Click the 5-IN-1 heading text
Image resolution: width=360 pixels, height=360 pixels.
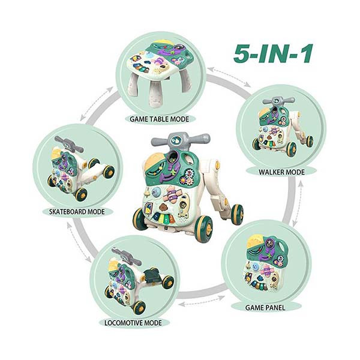tap(273, 54)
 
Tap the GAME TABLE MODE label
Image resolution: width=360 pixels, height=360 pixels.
tap(160, 119)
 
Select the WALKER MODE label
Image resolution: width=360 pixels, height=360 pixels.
tap(282, 172)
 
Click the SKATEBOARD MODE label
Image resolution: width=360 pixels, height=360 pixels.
tap(77, 211)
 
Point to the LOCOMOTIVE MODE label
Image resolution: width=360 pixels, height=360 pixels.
tap(133, 323)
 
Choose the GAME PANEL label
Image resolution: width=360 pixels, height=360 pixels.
tap(265, 308)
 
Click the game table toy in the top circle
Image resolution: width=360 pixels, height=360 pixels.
tap(160, 73)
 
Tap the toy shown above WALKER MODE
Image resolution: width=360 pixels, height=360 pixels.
tap(283, 125)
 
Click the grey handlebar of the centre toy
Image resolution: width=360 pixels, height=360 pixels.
tap(181, 139)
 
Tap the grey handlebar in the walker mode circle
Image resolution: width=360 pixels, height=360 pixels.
tap(278, 101)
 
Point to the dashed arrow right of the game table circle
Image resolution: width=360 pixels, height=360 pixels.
tap(229, 77)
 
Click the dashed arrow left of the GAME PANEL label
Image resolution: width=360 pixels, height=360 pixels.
tap(202, 301)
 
